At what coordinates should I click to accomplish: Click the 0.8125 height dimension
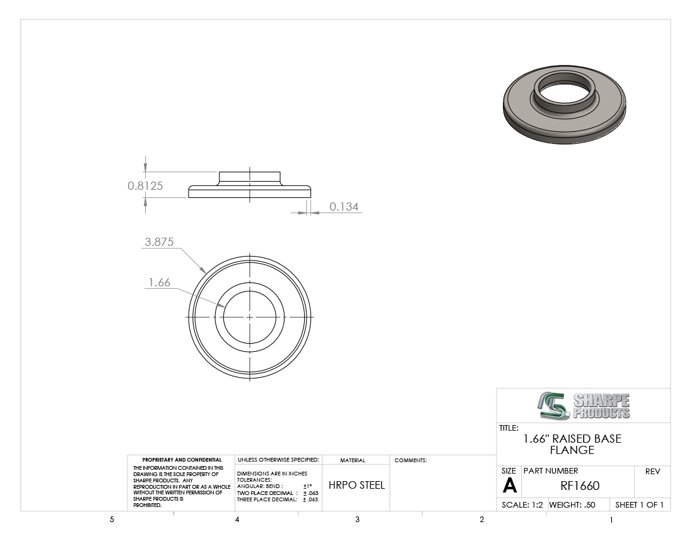pos(145,186)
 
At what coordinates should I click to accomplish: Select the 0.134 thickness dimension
pos(344,207)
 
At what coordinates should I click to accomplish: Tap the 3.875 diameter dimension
pos(159,242)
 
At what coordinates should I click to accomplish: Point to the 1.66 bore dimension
pos(160,282)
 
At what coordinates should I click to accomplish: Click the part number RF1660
pos(580,486)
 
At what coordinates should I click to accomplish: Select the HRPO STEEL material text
pos(356,485)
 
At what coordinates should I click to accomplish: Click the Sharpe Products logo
pos(584,405)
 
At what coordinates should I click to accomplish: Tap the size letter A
pos(509,486)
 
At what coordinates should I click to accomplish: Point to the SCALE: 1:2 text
pos(522,504)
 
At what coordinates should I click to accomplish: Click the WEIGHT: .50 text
pos(572,504)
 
